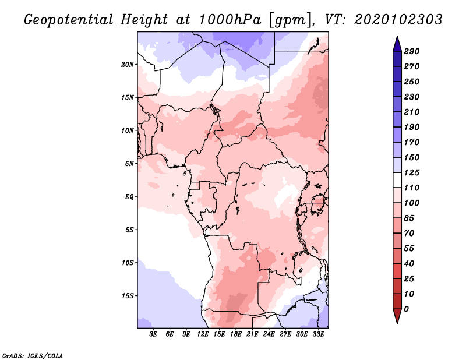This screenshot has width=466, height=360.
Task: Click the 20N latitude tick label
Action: coord(128,64)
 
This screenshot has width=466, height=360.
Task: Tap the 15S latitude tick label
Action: coord(128,295)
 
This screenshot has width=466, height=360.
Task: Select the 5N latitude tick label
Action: coord(129,163)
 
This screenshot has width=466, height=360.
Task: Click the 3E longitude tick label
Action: coord(154,334)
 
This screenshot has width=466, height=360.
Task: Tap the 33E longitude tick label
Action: coord(319,334)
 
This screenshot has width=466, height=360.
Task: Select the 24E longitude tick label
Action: coord(269,334)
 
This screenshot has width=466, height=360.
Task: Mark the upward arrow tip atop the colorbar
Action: coord(396,37)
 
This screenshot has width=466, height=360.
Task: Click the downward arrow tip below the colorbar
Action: coord(396,322)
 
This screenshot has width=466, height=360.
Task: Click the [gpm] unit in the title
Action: coord(290,20)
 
